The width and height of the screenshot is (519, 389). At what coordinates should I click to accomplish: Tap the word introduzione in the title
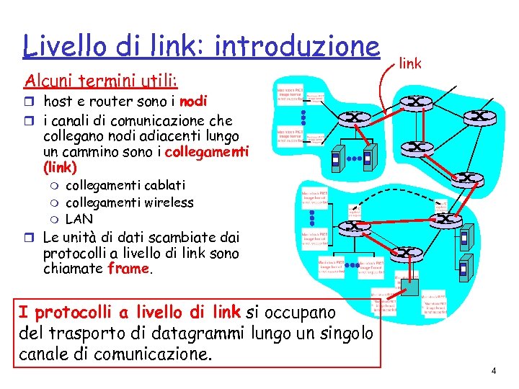297,46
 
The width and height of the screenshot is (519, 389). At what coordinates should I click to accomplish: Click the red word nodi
194,101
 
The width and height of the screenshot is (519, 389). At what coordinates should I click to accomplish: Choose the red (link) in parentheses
60,167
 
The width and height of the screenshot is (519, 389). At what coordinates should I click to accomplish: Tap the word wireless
169,202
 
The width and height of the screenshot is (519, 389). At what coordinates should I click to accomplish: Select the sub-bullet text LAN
79,218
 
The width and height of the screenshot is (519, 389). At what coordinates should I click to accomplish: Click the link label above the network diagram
409,65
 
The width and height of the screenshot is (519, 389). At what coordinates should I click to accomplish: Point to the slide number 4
494,371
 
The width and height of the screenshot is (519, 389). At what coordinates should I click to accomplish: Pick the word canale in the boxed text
44,354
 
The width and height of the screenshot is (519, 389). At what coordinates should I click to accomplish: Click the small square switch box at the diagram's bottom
409,286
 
